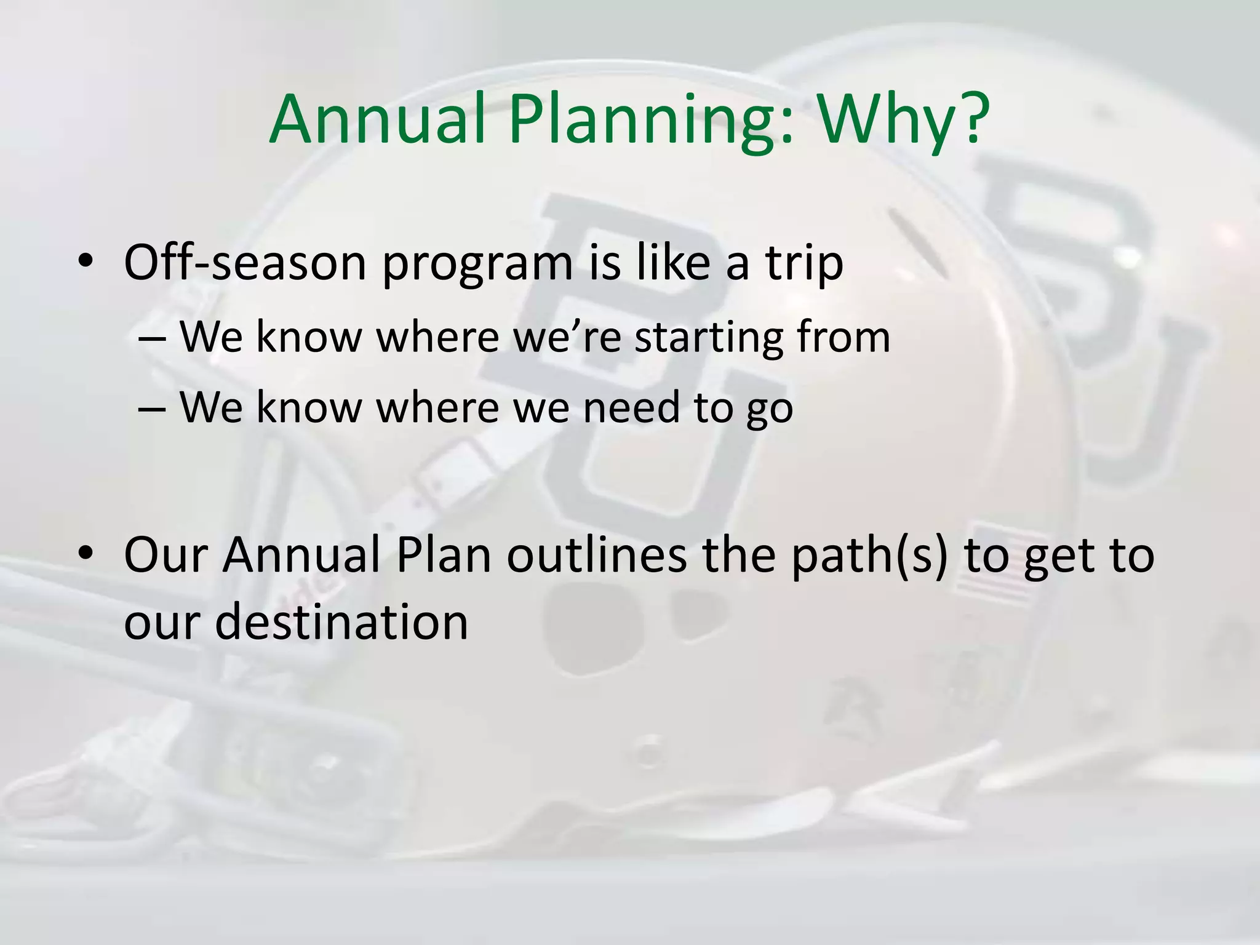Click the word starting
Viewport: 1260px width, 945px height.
709,338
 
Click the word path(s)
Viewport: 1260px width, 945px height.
869,556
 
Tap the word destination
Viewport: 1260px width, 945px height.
341,621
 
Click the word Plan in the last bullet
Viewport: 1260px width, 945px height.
443,555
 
